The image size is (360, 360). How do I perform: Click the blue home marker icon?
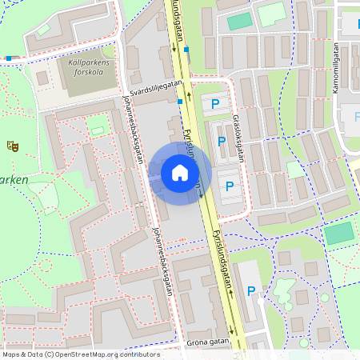[180, 173]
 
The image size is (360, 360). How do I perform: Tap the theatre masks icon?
[12, 146]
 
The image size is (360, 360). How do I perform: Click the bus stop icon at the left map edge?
[9, 58]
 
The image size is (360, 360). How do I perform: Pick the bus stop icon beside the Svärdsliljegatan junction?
[180, 102]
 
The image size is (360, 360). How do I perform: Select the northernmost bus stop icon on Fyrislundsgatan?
[186, 50]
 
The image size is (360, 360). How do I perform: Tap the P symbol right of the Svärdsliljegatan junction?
[214, 103]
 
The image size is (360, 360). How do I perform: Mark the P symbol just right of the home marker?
[230, 186]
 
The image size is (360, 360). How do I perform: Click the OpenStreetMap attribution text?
[80, 354]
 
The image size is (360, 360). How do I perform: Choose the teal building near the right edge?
[339, 234]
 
